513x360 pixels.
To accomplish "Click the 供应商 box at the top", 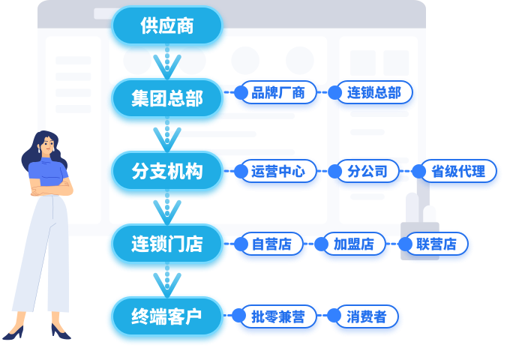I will (x=167, y=26).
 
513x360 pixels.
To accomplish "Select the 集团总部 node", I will (x=167, y=98).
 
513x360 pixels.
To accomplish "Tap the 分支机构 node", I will (x=167, y=171).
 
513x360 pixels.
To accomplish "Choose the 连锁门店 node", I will (x=167, y=244).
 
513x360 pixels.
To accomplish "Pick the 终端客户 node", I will (x=167, y=316).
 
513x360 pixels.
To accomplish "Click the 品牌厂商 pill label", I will (x=278, y=93).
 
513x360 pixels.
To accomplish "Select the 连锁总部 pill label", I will (x=374, y=93).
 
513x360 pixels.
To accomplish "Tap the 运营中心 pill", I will (x=278, y=171).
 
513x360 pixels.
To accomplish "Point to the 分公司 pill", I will (x=367, y=171).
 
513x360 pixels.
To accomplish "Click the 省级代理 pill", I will (x=458, y=171).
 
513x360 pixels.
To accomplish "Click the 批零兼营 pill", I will (x=278, y=316).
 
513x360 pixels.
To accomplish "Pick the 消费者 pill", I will (x=367, y=316).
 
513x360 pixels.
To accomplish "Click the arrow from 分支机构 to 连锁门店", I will (x=167, y=208).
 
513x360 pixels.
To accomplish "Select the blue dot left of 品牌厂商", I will (x=241, y=93).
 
